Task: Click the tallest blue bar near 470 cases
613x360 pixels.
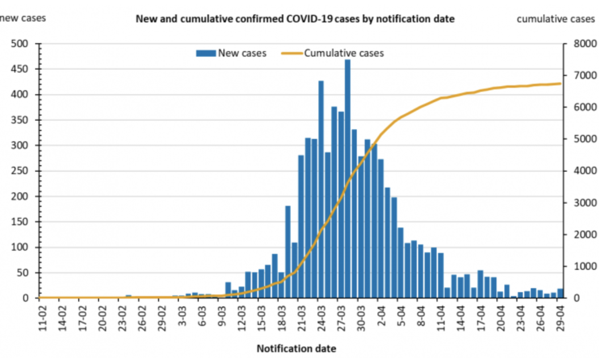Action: pyautogui.click(x=347, y=178)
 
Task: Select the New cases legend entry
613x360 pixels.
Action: pyautogui.click(x=232, y=53)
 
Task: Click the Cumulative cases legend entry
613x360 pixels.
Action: pyautogui.click(x=333, y=53)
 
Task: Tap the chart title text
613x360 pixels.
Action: pyautogui.click(x=295, y=19)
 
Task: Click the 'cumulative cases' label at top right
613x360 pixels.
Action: pyautogui.click(x=556, y=19)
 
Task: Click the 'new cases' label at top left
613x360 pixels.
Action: pyautogui.click(x=23, y=18)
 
